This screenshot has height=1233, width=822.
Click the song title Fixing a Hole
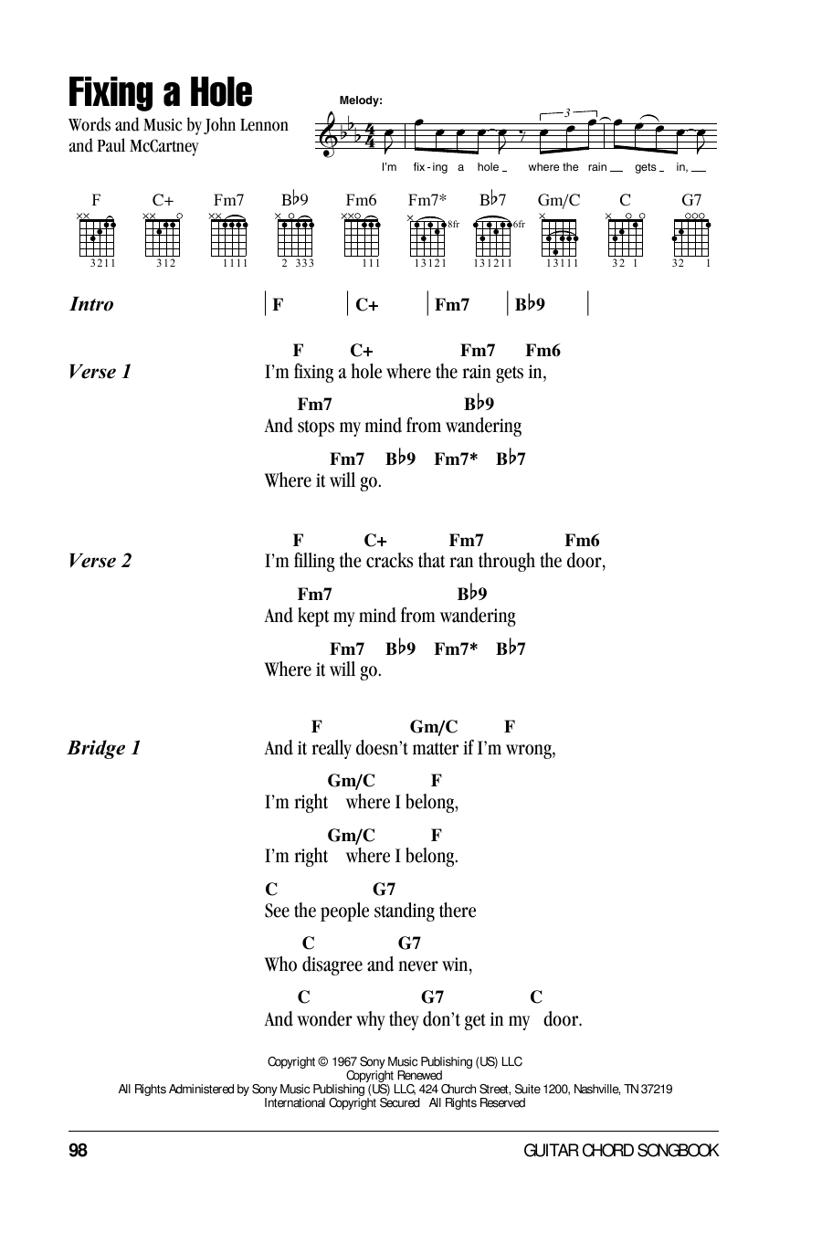click(x=160, y=93)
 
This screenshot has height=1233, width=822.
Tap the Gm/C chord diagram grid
click(x=558, y=237)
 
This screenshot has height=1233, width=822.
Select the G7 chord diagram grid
click(x=690, y=237)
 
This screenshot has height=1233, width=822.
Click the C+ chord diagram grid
click(x=163, y=237)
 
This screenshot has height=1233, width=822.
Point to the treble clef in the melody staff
click(x=328, y=137)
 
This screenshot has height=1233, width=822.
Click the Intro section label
click(x=91, y=305)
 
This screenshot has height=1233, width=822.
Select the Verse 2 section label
click(x=100, y=561)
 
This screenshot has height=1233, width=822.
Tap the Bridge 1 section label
click(x=104, y=749)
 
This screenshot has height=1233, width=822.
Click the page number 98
click(x=78, y=1151)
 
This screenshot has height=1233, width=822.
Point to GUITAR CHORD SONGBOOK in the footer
click(x=621, y=1151)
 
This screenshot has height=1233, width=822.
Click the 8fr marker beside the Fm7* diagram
click(x=453, y=224)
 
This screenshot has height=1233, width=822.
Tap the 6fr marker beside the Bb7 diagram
click(x=519, y=224)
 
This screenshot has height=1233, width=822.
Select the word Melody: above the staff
click(x=361, y=100)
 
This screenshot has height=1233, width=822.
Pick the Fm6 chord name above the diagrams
click(x=361, y=200)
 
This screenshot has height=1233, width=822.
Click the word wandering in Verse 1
click(x=484, y=427)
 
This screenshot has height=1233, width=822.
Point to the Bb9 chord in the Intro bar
click(x=530, y=305)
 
